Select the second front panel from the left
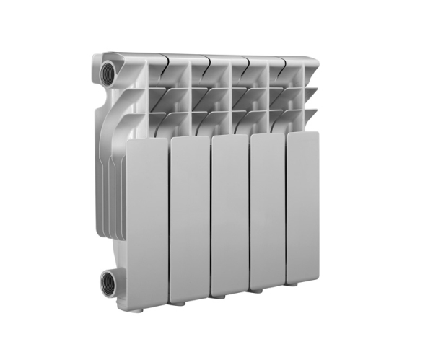coord(189,216)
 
